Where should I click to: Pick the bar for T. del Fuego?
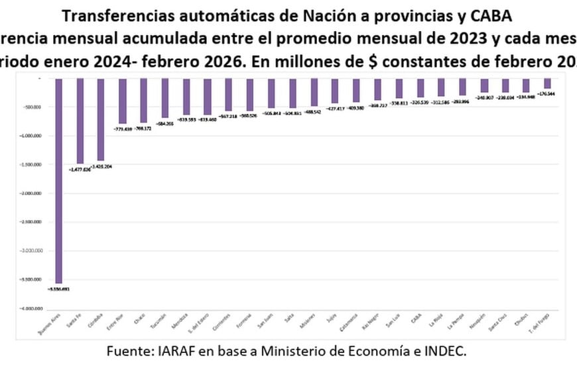pyautogui.click(x=547, y=83)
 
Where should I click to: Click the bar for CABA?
pyautogui.click(x=420, y=88)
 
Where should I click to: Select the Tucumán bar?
pyautogui.click(x=165, y=98)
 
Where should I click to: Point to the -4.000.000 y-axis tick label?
pyautogui.click(x=27, y=309)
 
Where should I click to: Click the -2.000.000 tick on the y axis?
pyautogui.click(x=27, y=193)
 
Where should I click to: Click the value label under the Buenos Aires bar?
pyautogui.click(x=58, y=289)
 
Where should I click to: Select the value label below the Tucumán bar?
pyautogui.click(x=164, y=124)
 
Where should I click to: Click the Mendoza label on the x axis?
pyautogui.click(x=184, y=321)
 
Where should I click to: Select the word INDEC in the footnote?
pyautogui.click(x=446, y=352)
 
